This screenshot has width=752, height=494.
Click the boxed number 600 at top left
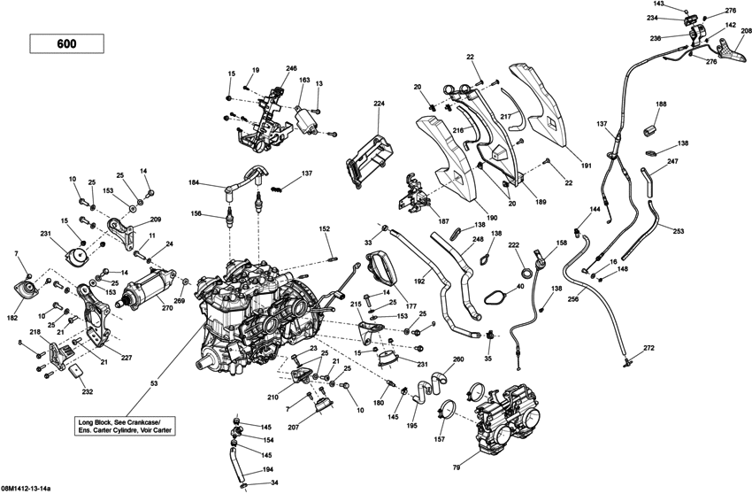[66, 42]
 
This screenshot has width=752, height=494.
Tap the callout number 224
[380, 104]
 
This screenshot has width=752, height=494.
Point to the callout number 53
[155, 382]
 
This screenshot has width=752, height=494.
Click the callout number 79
[457, 467]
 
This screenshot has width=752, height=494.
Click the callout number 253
[678, 230]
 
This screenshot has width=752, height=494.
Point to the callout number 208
[747, 31]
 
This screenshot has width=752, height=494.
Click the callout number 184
[194, 183]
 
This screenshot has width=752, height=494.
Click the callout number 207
[317, 428]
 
